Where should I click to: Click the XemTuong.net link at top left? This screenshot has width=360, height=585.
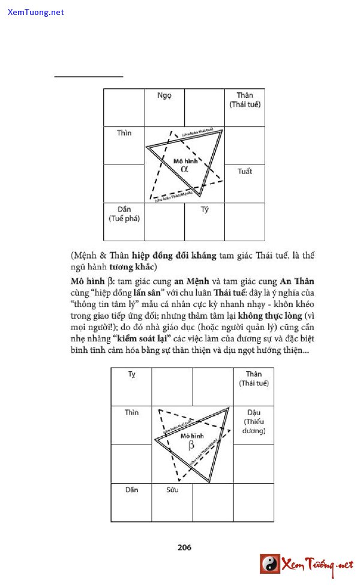(x=36, y=12)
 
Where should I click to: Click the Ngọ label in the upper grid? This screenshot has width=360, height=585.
(x=164, y=96)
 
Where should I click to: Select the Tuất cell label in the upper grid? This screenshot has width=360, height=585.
(x=244, y=171)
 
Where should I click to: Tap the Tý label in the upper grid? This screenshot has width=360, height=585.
(x=205, y=210)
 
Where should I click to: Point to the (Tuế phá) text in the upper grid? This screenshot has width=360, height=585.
(x=124, y=218)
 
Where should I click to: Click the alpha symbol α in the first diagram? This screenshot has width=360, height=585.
(x=184, y=169)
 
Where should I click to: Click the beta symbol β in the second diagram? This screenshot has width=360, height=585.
(x=191, y=445)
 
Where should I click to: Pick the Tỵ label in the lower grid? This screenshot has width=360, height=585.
(x=131, y=374)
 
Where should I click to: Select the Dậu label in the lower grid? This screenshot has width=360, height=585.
(x=253, y=413)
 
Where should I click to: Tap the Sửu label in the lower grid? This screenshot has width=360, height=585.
(x=172, y=490)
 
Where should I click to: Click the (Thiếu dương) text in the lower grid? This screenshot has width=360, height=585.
(x=253, y=427)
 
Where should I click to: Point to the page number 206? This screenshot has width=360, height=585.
(x=184, y=547)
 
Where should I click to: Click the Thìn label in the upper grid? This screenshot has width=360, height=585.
(x=124, y=133)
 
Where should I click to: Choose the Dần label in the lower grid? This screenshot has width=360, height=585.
(x=131, y=490)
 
